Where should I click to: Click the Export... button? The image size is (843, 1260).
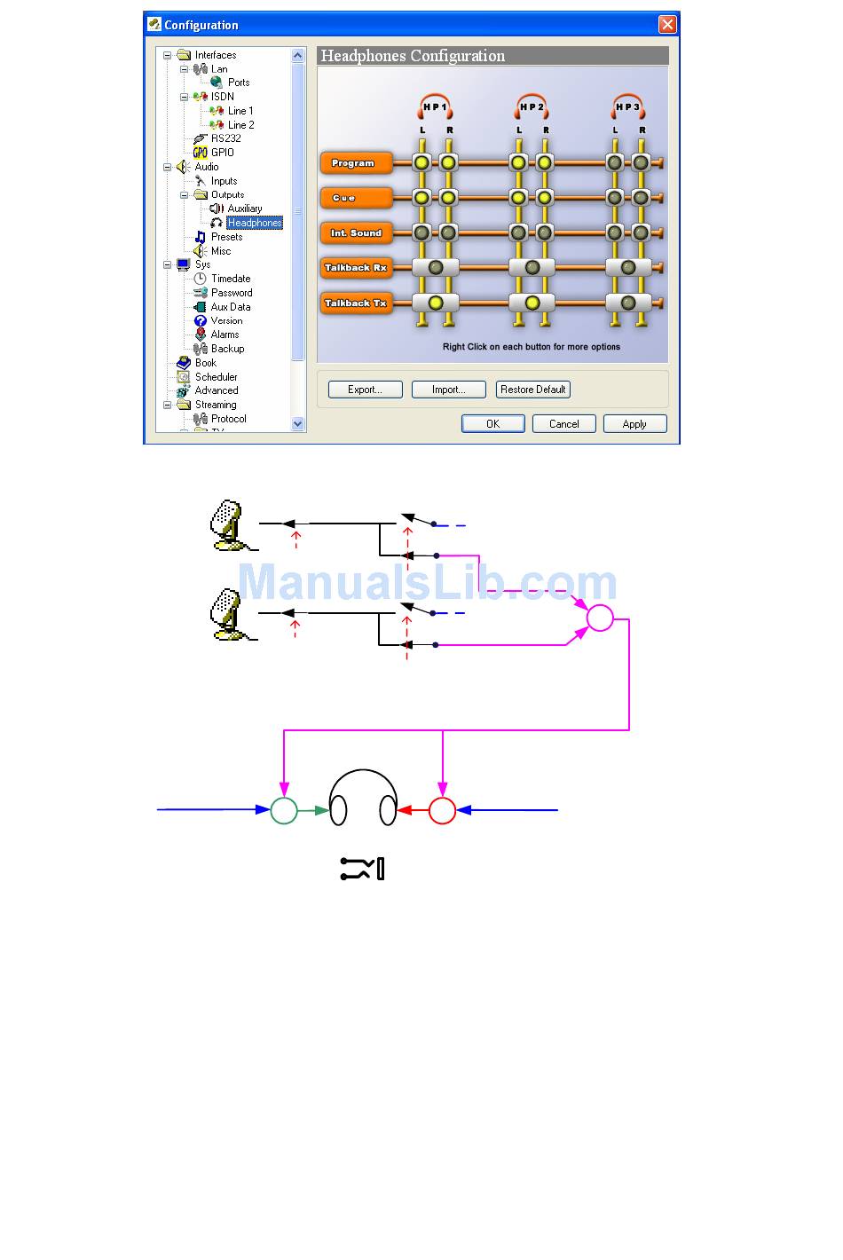(x=365, y=390)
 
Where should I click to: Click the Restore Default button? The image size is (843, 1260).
(x=532, y=390)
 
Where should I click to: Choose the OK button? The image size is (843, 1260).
(x=492, y=424)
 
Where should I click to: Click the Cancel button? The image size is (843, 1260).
(x=563, y=424)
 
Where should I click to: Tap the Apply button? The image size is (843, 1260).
(x=634, y=424)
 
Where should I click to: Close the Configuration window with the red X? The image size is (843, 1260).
(x=667, y=25)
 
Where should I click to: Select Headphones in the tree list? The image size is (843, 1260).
(x=254, y=223)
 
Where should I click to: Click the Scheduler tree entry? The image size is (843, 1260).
(x=216, y=377)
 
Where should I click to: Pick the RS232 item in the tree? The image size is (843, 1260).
(x=225, y=138)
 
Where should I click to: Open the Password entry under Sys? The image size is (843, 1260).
(x=232, y=293)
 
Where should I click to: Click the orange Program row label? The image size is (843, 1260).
(x=355, y=163)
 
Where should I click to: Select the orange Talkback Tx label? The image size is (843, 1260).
(x=355, y=303)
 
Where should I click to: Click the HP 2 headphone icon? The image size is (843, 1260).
(x=532, y=106)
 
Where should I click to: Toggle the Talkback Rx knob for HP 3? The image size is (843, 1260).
(x=628, y=268)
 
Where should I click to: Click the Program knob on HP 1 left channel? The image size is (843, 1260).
(x=421, y=162)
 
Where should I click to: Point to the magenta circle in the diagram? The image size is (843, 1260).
(x=600, y=618)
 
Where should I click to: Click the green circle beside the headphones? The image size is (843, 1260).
(x=284, y=810)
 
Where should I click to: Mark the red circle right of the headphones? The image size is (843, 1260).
(x=442, y=810)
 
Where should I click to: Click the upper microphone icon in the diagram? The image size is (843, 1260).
(x=228, y=524)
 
